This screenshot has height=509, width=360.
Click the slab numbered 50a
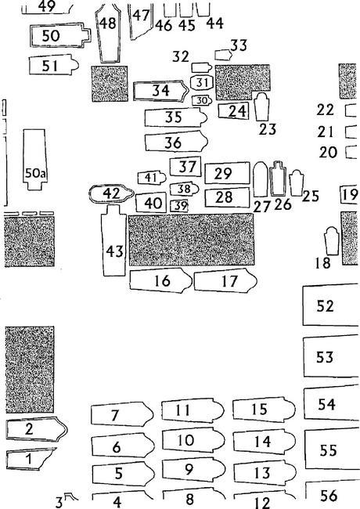click(x=35, y=160)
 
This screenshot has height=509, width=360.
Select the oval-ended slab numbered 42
click(x=111, y=193)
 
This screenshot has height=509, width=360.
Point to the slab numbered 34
click(x=161, y=91)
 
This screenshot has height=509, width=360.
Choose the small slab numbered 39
click(x=179, y=205)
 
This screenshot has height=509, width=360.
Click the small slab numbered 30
click(x=202, y=101)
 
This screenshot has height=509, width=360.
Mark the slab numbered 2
click(x=37, y=429)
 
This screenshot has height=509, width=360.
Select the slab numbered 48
click(x=108, y=32)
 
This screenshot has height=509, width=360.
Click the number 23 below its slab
click(x=268, y=129)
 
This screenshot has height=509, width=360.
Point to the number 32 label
click(x=180, y=56)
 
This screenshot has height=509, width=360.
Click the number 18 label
click(x=322, y=263)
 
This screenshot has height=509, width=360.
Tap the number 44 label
click(x=214, y=23)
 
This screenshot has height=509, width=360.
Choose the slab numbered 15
click(x=264, y=410)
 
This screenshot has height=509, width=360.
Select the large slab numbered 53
click(x=331, y=357)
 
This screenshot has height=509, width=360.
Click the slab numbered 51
click(x=54, y=65)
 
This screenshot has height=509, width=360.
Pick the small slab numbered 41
click(x=152, y=178)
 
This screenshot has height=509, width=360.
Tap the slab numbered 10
click(x=193, y=440)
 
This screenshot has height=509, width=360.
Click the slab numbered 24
click(x=233, y=110)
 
